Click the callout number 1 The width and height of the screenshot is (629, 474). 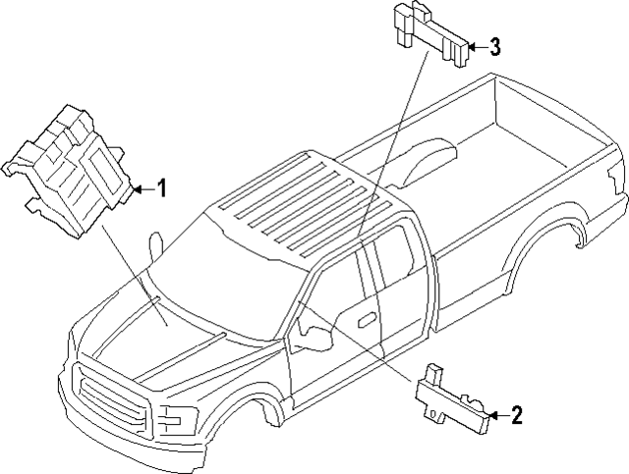pos(163,186)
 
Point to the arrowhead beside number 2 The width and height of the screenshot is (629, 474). pos(491,416)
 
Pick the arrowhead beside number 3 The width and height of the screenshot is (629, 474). pos(470,45)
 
